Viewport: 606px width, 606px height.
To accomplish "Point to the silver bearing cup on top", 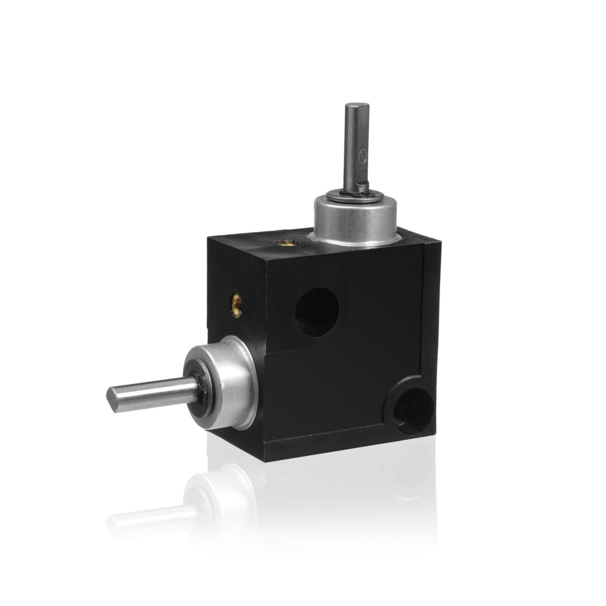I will tap(354, 220).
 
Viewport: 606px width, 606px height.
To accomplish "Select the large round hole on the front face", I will tap(316, 312).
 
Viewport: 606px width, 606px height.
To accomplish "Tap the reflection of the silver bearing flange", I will tap(225, 499).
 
